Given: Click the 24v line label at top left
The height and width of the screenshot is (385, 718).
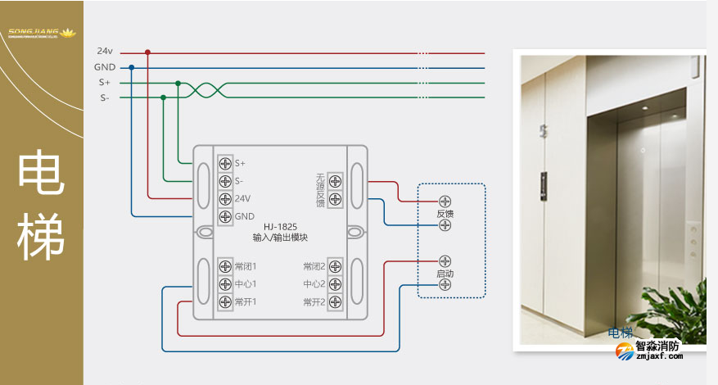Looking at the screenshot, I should [x=104, y=52].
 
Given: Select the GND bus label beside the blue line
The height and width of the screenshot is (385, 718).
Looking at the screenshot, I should [x=104, y=67].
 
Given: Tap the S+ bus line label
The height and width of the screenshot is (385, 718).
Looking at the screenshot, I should [x=104, y=83].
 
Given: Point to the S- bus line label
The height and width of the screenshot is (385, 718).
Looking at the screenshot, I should [x=104, y=98].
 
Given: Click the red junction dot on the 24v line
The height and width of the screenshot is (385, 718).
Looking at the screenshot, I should [x=147, y=52].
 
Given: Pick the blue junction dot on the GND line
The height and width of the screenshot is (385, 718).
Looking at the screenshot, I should [x=132, y=67].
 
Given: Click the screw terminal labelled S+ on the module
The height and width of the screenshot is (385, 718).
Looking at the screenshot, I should [x=224, y=163].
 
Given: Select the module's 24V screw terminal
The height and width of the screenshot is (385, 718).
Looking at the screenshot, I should [x=224, y=198].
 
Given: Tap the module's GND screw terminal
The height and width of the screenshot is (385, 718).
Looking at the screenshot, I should [x=224, y=216].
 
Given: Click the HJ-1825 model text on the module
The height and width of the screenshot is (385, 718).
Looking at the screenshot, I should [x=279, y=227].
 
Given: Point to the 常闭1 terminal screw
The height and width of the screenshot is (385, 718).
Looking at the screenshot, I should [x=224, y=266].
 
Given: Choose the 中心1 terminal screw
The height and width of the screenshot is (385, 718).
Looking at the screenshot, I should [x=224, y=284].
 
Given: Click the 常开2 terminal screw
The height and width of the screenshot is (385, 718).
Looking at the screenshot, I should [x=335, y=302].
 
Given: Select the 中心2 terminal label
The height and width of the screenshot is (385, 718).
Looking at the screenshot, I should [x=314, y=284].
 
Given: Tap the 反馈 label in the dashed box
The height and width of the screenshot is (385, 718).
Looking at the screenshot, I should [x=445, y=214].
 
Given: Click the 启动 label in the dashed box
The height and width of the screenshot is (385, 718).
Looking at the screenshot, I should [x=445, y=274].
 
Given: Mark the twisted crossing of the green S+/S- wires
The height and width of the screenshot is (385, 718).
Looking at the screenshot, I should [x=201, y=90].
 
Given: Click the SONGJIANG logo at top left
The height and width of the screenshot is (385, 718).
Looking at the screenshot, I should [x=41, y=34].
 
